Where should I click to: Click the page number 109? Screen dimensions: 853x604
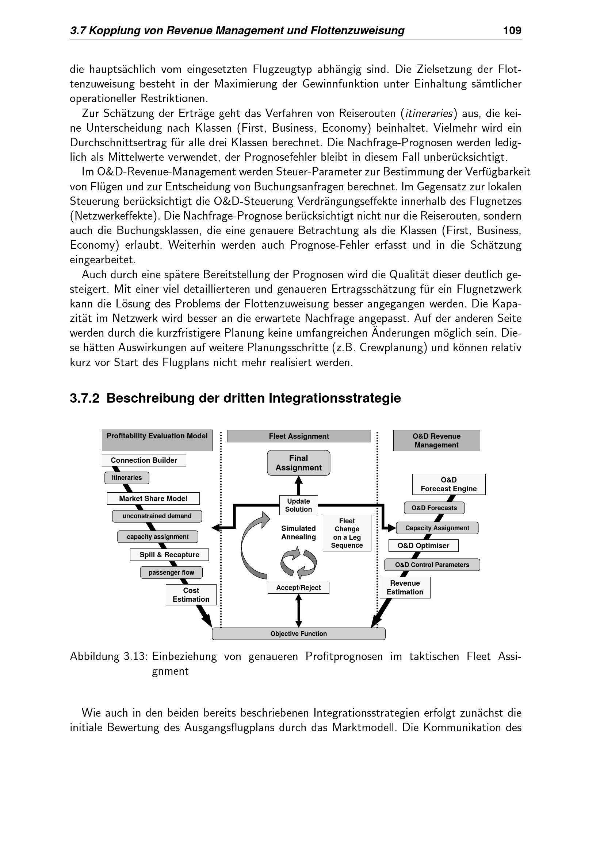pos(512,31)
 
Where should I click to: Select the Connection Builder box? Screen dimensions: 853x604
pos(144,460)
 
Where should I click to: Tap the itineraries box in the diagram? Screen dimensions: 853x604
pos(127,478)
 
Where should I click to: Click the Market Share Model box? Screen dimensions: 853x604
pos(153,499)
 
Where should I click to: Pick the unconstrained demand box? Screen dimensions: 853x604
pos(157,516)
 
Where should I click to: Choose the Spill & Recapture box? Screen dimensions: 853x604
pos(169,555)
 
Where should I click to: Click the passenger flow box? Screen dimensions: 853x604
pos(172,573)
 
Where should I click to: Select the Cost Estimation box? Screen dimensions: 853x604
pos(191,595)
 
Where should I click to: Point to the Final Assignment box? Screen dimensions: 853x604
pos(298,463)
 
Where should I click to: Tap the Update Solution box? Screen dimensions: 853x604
pos(298,505)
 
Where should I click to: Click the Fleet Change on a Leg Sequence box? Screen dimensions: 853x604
pos(347,533)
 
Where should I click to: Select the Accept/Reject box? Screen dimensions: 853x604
pos(298,588)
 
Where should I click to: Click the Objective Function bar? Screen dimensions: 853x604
pos(298,634)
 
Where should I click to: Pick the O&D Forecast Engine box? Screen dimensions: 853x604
pos(448,484)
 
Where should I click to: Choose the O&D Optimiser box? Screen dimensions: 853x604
pos(423,546)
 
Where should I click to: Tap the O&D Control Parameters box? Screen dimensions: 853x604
pos(432,565)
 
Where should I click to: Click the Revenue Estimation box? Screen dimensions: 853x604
pos(405,588)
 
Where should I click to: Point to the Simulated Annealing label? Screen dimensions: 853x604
pos(298,533)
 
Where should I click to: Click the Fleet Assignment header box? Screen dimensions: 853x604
pos(299,436)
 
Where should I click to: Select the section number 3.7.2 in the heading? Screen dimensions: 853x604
pos(84,398)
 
